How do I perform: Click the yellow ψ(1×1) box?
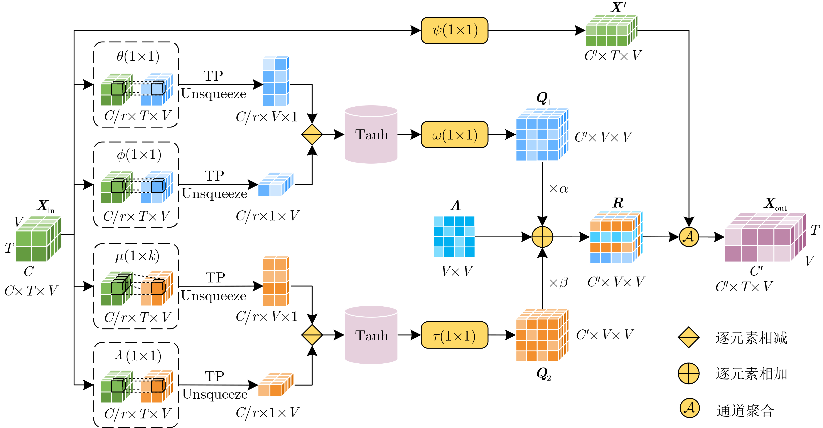(454, 30)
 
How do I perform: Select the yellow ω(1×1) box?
(454, 134)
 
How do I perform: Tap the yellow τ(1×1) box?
(454, 335)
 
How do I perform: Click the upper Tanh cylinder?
(371, 134)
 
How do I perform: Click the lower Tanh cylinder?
(371, 335)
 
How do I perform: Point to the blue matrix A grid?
(454, 237)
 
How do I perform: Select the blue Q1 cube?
(541, 135)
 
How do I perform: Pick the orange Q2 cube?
(541, 335)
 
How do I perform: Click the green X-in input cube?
(38, 239)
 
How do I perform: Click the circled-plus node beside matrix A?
(542, 237)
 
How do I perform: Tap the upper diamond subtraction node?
(312, 134)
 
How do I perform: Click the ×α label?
(558, 189)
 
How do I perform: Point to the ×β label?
(558, 283)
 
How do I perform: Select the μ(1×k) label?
(137, 256)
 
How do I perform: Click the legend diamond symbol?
(688, 337)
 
